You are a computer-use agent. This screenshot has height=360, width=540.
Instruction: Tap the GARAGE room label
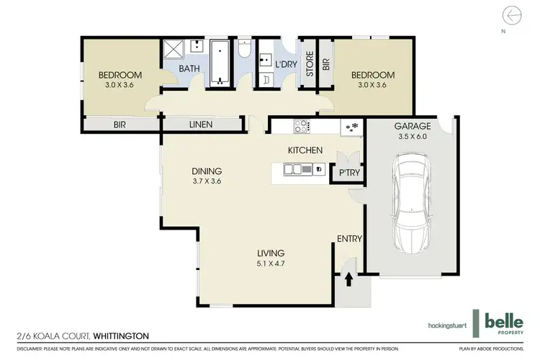tap(411, 127)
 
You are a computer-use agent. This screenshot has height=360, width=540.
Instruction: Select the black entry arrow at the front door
tap(348, 279)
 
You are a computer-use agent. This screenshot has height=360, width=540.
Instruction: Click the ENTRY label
tap(349, 240)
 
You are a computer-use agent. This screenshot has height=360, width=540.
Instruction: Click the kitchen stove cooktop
tap(301, 126)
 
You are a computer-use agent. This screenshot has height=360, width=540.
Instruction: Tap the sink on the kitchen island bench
tap(294, 169)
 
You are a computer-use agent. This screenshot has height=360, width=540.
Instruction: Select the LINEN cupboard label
tap(200, 125)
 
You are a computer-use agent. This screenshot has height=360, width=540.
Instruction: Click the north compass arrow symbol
tap(512, 14)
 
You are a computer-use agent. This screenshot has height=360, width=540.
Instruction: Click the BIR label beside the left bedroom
tap(120, 125)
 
